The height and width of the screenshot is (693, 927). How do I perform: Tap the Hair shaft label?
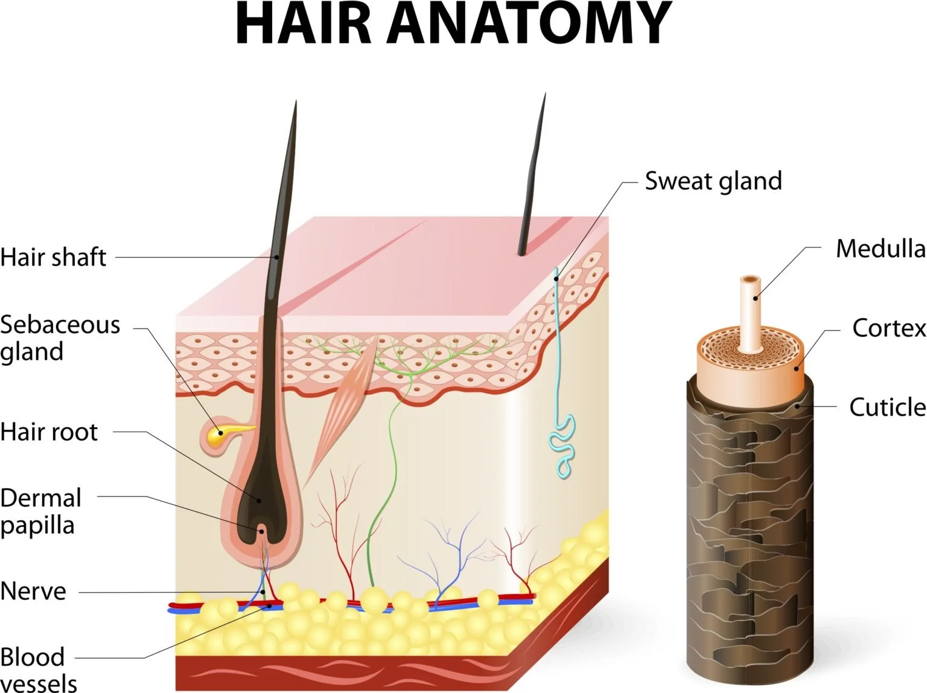click(53, 257)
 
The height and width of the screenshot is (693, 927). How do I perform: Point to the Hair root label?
click(49, 432)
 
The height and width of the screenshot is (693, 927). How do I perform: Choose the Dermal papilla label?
click(40, 511)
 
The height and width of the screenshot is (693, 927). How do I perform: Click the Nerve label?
click(33, 591)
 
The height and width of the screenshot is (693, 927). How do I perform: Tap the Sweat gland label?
click(713, 180)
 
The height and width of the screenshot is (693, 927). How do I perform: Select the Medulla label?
click(880, 249)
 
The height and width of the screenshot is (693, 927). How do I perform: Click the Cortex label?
click(888, 328)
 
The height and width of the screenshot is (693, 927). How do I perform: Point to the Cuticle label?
click(887, 407)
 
